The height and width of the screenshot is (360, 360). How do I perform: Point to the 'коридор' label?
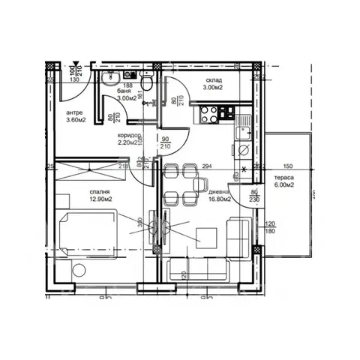tap(129, 136)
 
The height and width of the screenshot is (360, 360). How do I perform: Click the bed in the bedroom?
tap(87, 235)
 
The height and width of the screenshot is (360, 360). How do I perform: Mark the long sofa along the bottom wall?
tap(198, 268)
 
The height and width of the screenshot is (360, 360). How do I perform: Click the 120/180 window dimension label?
tap(271, 226)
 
